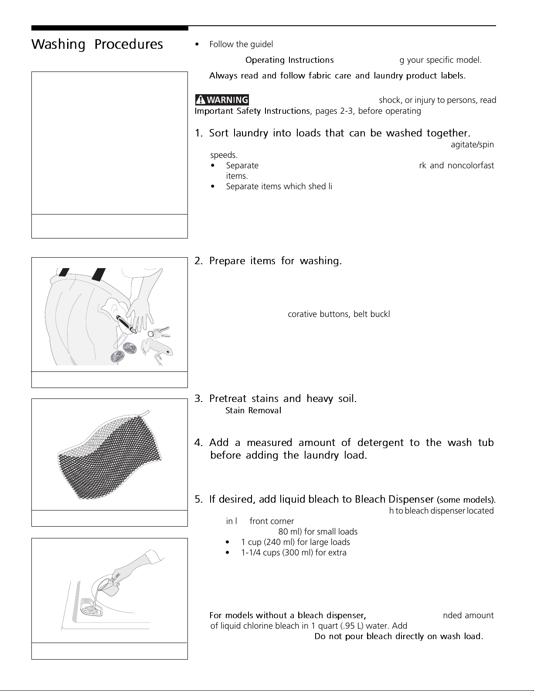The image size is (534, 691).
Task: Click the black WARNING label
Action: pyautogui.click(x=221, y=100)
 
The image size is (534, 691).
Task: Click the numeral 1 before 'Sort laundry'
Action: pyautogui.click(x=197, y=133)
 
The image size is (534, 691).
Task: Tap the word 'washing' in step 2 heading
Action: pyautogui.click(x=320, y=261)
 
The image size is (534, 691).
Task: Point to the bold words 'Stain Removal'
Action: pyautogui.click(x=253, y=411)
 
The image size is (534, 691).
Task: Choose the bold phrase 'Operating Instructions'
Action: pyautogui.click(x=289, y=60)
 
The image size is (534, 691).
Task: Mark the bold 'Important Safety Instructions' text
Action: pyautogui.click(x=252, y=111)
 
